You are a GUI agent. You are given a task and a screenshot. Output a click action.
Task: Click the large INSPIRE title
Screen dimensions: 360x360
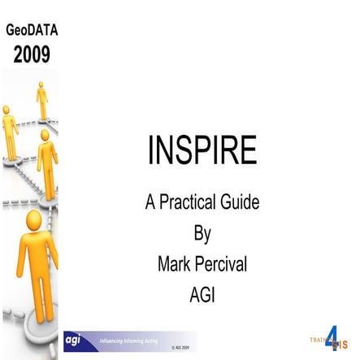tap(202, 151)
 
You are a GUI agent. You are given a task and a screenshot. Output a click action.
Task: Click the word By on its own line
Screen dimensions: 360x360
tap(202, 233)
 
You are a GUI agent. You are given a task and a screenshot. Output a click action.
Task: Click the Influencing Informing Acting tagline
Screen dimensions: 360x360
tap(129, 337)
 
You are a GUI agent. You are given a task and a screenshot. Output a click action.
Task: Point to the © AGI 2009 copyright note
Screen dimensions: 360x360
tap(180, 348)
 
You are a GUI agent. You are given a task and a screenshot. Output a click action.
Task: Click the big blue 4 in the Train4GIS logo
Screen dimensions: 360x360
tap(332, 339)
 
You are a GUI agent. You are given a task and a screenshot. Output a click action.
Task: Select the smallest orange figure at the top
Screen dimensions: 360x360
tap(41, 99)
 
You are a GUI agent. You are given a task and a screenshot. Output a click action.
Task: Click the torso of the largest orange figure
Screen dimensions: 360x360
tap(34, 260)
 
